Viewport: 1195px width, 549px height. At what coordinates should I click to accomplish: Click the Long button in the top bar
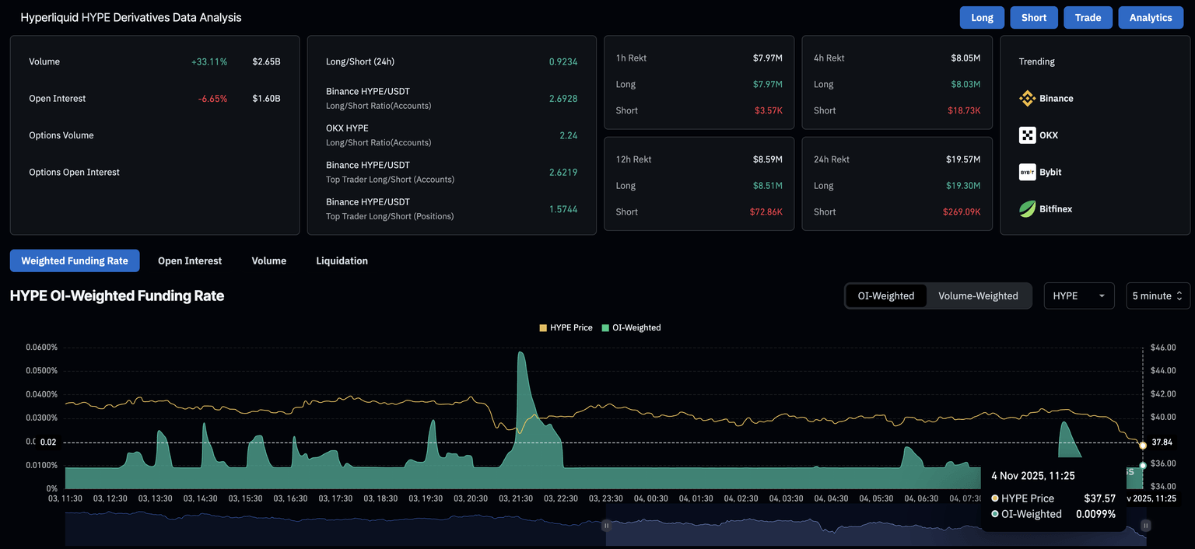(x=982, y=17)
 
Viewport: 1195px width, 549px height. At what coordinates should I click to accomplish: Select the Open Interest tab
(x=190, y=261)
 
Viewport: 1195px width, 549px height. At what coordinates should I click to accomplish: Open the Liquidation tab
(x=342, y=261)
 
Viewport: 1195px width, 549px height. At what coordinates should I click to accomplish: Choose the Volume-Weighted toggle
(x=978, y=295)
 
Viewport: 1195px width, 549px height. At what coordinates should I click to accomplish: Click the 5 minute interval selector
(x=1158, y=295)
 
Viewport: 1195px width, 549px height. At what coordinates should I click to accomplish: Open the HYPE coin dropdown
(x=1079, y=295)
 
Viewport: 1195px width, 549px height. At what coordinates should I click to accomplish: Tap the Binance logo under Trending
(x=1028, y=99)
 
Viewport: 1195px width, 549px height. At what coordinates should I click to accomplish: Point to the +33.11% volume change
(x=209, y=61)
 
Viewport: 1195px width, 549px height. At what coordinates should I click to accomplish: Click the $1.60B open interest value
(x=266, y=99)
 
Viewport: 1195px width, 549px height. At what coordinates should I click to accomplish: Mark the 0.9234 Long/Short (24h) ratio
(x=563, y=61)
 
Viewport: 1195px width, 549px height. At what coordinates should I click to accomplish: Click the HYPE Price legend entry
(x=566, y=327)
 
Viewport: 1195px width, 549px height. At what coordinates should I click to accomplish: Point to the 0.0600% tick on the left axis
(x=41, y=347)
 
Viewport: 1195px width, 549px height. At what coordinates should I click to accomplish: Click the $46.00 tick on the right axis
(x=1162, y=347)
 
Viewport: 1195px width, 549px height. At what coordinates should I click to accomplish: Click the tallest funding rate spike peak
(x=520, y=353)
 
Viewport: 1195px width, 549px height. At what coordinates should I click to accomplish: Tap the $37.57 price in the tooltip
(x=1099, y=498)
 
